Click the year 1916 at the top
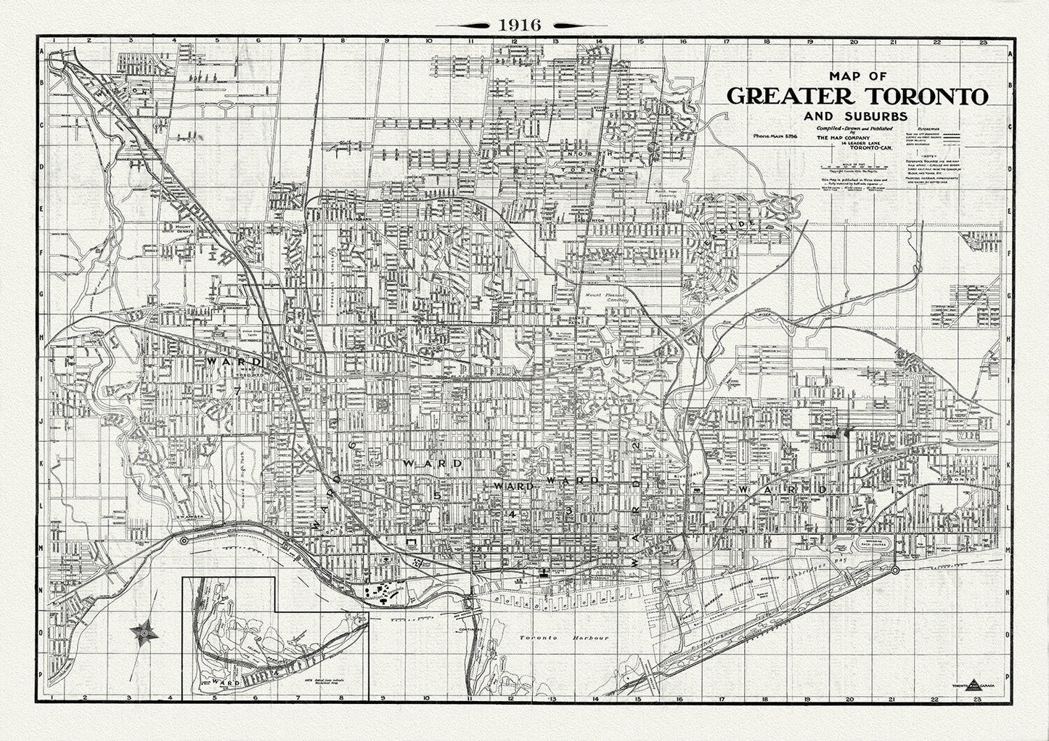coord(519,24)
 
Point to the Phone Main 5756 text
coord(775,136)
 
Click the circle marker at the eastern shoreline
coord(894,570)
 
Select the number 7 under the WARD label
coord(236,391)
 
